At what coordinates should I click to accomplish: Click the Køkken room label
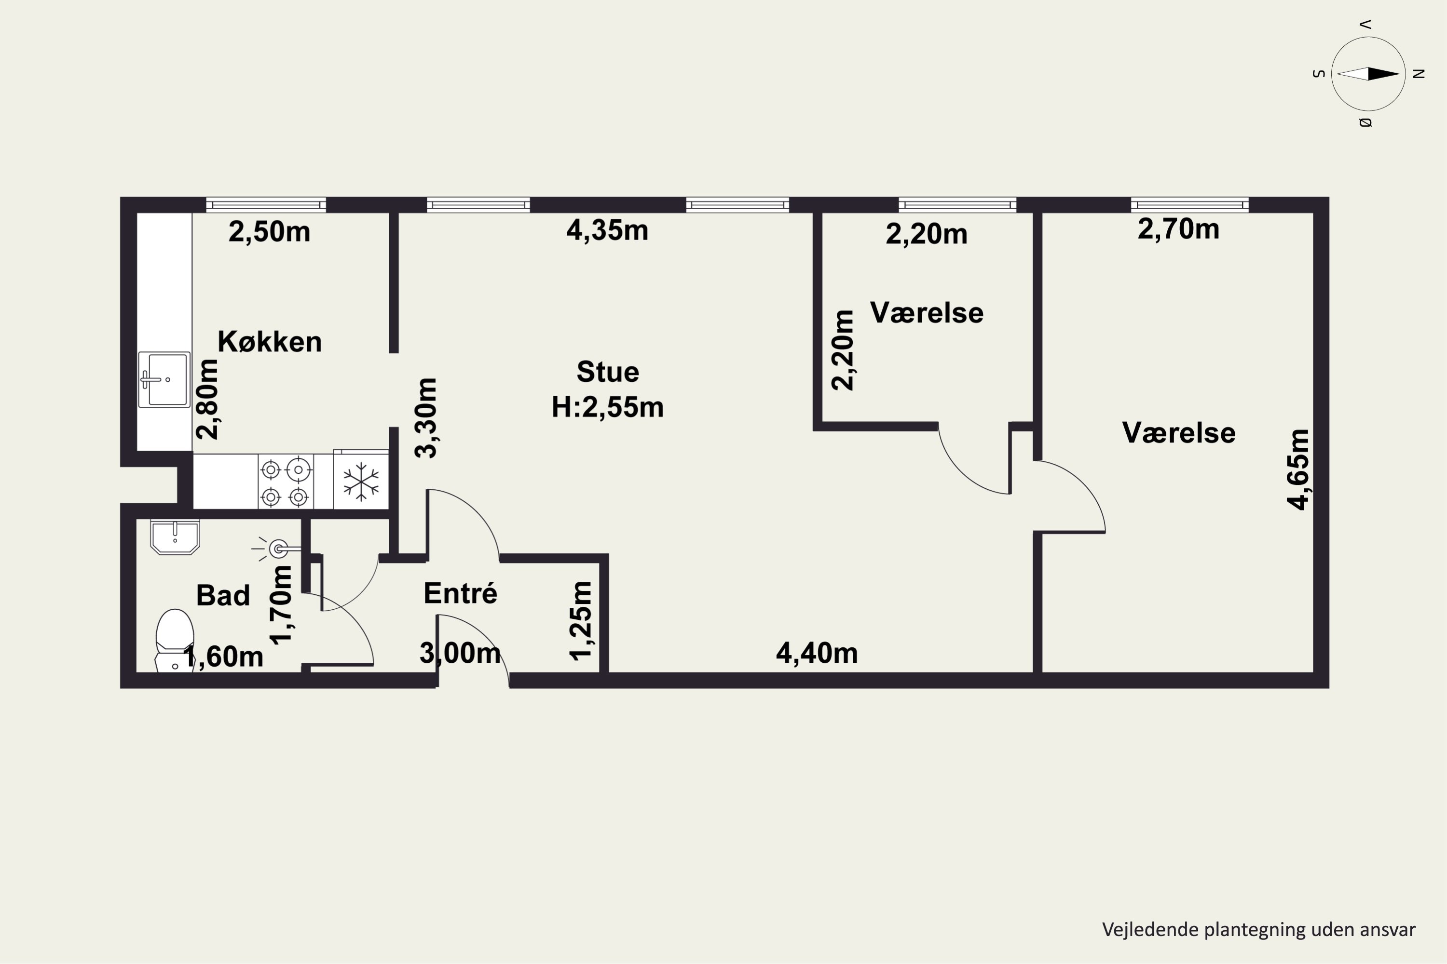pyautogui.click(x=270, y=341)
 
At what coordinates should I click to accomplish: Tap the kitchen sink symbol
pyautogui.click(x=164, y=379)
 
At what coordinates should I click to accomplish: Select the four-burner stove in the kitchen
pyautogui.click(x=286, y=482)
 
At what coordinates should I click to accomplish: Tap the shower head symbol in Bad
pyautogui.click(x=276, y=549)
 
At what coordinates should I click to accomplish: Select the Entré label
pyautogui.click(x=460, y=593)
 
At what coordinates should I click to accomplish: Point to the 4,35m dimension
pyautogui.click(x=607, y=230)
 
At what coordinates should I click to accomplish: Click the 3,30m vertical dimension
pyautogui.click(x=426, y=418)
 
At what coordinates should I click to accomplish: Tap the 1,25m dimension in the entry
pyautogui.click(x=581, y=621)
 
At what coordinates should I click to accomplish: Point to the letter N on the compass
pyautogui.click(x=1419, y=74)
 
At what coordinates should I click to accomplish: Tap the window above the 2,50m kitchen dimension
pyautogui.click(x=266, y=205)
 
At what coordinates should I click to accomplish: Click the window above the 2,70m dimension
pyautogui.click(x=1190, y=205)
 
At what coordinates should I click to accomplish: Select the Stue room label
pyautogui.click(x=607, y=372)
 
